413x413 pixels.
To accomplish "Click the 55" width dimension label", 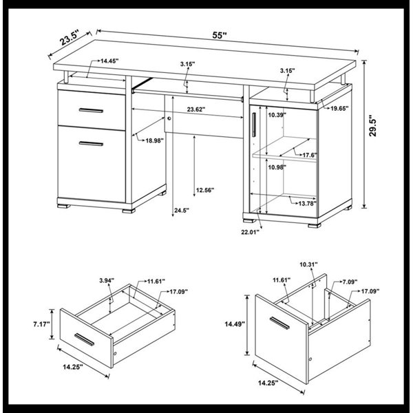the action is (x=220, y=35).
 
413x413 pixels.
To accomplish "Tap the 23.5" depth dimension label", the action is (x=70, y=38).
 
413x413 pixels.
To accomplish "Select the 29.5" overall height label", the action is (x=372, y=125).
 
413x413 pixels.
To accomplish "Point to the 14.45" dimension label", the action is (x=109, y=61).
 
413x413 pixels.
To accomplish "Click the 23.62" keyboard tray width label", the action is (x=196, y=109).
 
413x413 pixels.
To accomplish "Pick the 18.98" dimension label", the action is (x=155, y=140).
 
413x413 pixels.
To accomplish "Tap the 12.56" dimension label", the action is (x=205, y=190).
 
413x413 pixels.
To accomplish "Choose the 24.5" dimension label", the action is (x=182, y=210).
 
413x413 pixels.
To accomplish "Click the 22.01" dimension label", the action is (x=251, y=232).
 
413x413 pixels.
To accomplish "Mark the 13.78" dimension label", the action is (x=308, y=203).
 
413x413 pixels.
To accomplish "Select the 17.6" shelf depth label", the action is (x=310, y=155).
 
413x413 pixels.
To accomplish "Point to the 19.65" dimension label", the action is (x=339, y=108).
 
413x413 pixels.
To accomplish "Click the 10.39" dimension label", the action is (x=277, y=114).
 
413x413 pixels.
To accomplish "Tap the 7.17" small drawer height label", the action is (x=41, y=324).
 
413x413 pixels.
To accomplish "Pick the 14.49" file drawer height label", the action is (x=235, y=324).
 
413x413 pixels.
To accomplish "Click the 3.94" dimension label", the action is (x=107, y=280).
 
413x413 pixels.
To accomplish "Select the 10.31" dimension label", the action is (x=308, y=264).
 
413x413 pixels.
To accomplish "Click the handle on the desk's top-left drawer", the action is (x=91, y=110).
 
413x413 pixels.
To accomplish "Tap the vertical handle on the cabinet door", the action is (x=253, y=125).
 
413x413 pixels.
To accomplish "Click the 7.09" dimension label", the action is (x=350, y=282).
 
